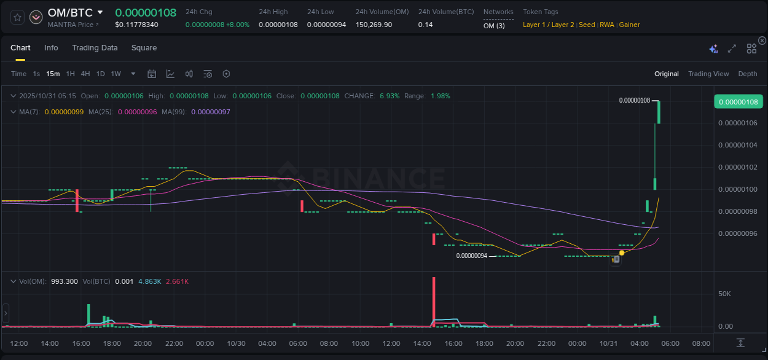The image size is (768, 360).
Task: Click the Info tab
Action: (51, 48)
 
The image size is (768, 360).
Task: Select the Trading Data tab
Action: (95, 48)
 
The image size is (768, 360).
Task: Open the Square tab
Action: (144, 48)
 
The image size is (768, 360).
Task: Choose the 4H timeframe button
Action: (85, 74)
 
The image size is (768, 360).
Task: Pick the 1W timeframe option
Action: (116, 74)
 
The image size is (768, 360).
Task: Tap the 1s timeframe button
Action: (36, 74)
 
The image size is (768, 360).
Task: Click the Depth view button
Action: (747, 74)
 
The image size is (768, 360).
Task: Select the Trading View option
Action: (708, 74)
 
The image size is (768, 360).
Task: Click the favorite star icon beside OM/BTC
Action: (18, 17)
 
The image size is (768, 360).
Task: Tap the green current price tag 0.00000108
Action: (738, 101)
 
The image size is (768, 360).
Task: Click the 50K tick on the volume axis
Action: (724, 294)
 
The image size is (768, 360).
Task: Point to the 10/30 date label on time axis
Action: (236, 343)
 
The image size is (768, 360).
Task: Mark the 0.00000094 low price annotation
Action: (471, 256)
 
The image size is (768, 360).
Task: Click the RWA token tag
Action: (606, 25)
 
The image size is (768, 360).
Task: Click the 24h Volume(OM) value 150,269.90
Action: (374, 25)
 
